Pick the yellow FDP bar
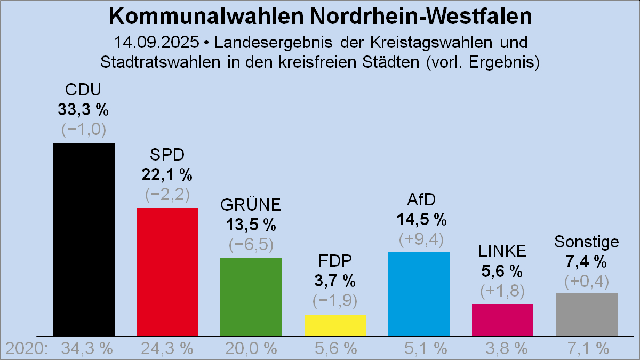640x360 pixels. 335,325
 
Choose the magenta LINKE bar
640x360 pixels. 502,319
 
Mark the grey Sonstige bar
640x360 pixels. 587,314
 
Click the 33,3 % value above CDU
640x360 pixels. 83,110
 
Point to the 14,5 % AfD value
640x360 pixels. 421,219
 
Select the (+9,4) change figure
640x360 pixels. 421,239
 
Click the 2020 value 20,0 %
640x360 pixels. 251,349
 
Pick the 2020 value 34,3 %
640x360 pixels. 87,349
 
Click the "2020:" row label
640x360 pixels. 27,349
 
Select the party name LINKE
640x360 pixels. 502,251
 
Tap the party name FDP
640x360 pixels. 335,261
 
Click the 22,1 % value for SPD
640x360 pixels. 167,174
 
